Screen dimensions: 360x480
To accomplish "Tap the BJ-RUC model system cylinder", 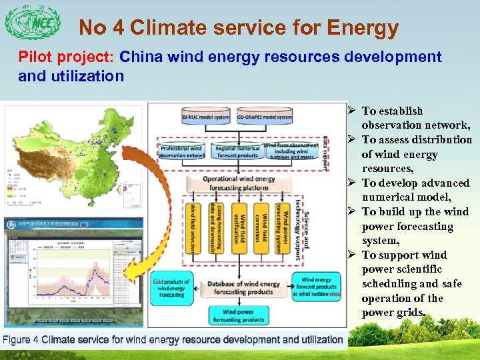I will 205,118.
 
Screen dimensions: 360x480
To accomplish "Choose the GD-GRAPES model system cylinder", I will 264,118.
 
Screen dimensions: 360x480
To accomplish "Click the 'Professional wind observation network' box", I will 182,151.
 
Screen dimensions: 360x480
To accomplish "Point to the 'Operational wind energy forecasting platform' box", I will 239,183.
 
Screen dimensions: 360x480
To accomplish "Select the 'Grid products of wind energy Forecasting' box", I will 171,287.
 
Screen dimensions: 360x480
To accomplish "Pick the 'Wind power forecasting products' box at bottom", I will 238,315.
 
